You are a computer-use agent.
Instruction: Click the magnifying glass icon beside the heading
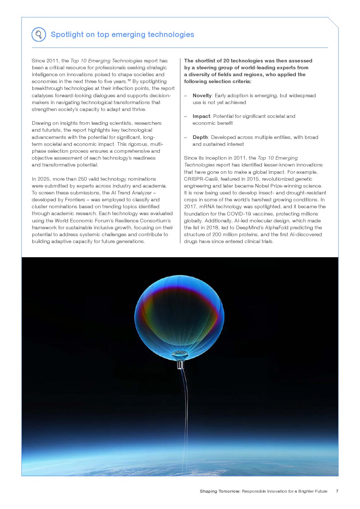coord(38,34)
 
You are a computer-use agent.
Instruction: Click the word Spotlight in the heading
coord(67,34)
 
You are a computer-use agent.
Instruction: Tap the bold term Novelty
coord(202,95)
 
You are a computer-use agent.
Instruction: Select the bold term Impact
coord(201,116)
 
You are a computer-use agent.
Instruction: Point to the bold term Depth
coord(200,137)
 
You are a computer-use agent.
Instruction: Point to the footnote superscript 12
coord(129,80)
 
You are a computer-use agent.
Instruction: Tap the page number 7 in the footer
coord(337,491)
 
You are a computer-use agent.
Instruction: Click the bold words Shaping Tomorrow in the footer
coord(220,491)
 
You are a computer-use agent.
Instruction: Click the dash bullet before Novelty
coord(185,96)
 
